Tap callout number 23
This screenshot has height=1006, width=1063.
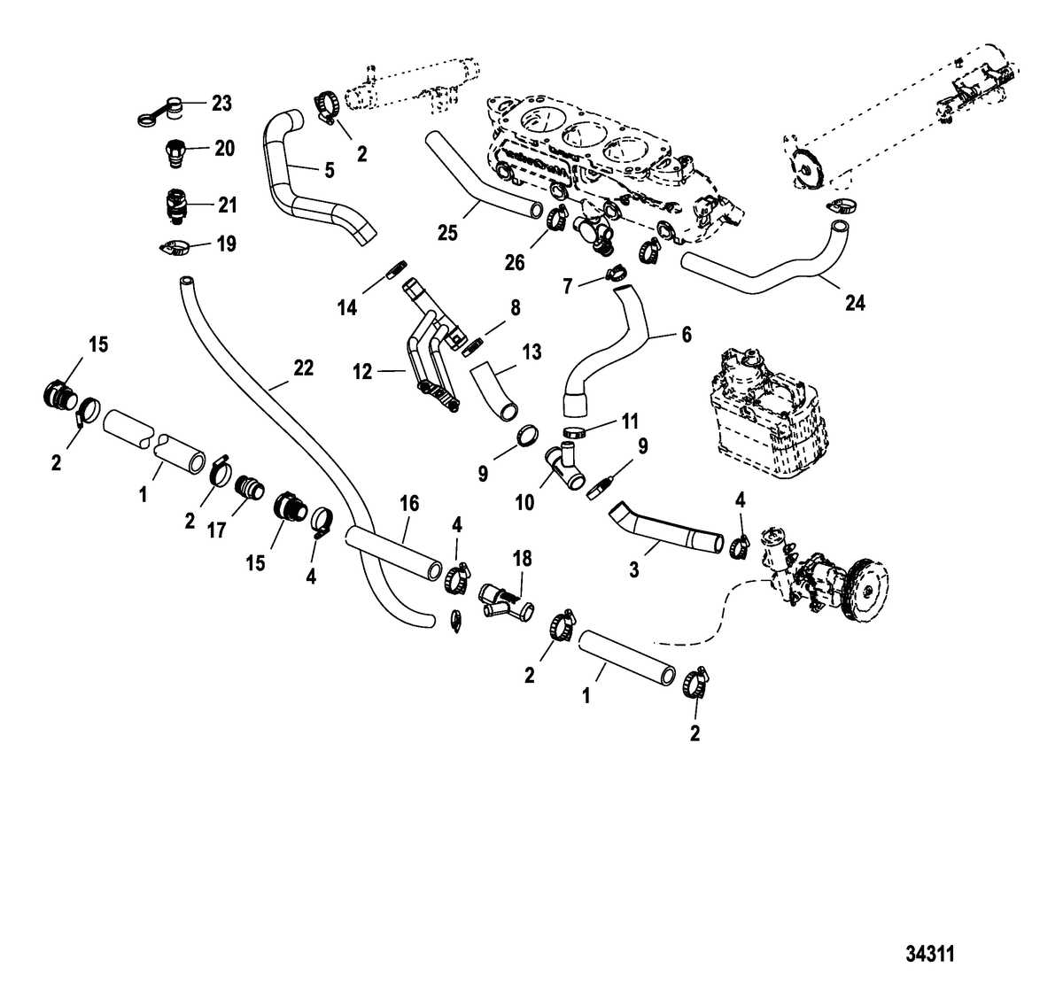pos(221,104)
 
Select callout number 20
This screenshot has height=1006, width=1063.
pos(224,149)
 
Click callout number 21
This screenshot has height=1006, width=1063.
pos(228,205)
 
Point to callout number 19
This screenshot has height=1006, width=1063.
pos(227,244)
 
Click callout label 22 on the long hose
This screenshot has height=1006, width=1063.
pos(303,368)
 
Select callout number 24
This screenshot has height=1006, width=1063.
pos(855,304)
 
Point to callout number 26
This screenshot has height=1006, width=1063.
pos(514,262)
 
